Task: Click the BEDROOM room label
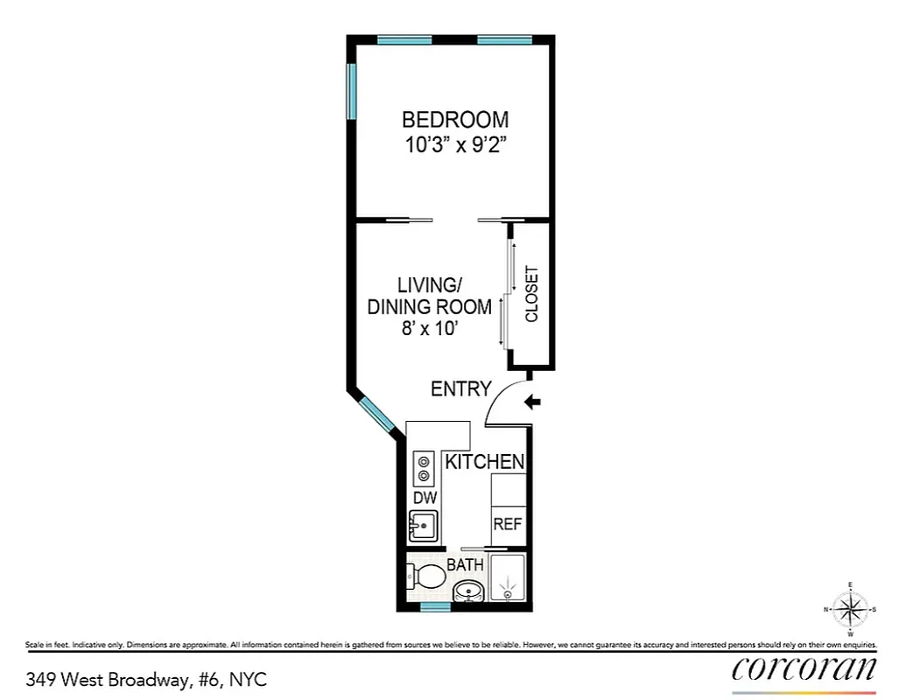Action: [x=454, y=120]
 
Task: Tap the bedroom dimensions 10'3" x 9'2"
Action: [x=454, y=145]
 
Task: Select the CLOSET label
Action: [x=531, y=294]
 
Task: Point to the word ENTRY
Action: [x=461, y=389]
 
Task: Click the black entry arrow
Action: [x=533, y=402]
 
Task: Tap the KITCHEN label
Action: [x=485, y=462]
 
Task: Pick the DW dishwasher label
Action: [x=425, y=497]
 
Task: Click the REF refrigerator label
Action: [x=508, y=525]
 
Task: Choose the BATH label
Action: [x=466, y=565]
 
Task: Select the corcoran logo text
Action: [x=804, y=669]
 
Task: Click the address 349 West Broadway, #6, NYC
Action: [x=146, y=678]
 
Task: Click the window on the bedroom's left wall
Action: [x=352, y=92]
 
